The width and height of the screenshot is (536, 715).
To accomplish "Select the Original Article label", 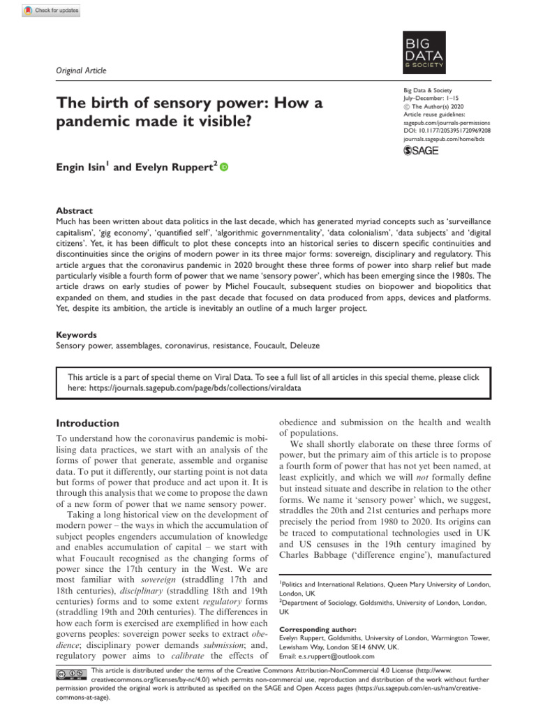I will pyautogui.click(x=81, y=71).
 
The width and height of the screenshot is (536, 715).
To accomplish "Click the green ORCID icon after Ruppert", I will pyautogui.click(x=224, y=167).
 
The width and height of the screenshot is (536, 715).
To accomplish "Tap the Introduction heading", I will pyautogui.click(x=87, y=423).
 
